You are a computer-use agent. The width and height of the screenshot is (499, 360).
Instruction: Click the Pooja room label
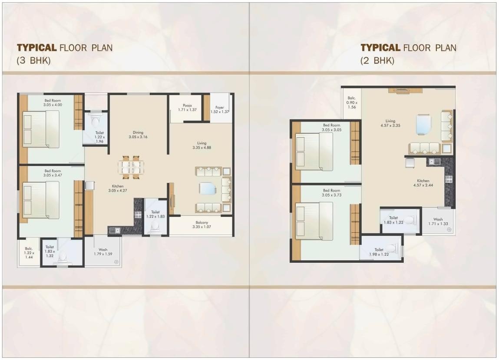187,107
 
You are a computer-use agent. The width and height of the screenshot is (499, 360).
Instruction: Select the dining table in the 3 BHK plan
131,167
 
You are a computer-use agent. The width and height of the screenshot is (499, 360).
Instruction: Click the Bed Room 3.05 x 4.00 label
53,102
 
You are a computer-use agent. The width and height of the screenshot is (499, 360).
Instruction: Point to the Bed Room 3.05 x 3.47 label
53,173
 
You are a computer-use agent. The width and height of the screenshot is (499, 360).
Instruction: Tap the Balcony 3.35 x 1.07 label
201,224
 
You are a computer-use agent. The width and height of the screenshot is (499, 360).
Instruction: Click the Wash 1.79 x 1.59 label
102,252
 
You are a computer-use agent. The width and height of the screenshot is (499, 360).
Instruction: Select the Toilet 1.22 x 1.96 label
99,137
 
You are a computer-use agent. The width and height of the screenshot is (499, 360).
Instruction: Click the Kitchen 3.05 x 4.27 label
118,188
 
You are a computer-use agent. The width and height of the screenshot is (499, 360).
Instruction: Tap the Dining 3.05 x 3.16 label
138,135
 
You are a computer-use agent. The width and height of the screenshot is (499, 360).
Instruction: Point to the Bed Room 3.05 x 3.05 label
331,127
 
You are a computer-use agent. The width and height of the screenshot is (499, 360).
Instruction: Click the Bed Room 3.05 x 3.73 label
331,193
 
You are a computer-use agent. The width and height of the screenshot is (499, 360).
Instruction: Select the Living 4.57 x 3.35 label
390,124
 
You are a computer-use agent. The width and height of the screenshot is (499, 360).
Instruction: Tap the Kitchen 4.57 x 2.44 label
423,183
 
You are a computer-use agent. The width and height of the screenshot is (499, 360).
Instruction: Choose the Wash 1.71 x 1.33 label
438,222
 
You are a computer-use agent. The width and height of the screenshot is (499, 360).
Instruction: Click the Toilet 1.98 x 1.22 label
379,252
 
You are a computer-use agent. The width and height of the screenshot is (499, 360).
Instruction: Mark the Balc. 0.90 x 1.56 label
351,102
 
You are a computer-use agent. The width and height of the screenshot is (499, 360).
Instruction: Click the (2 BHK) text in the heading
377,61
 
